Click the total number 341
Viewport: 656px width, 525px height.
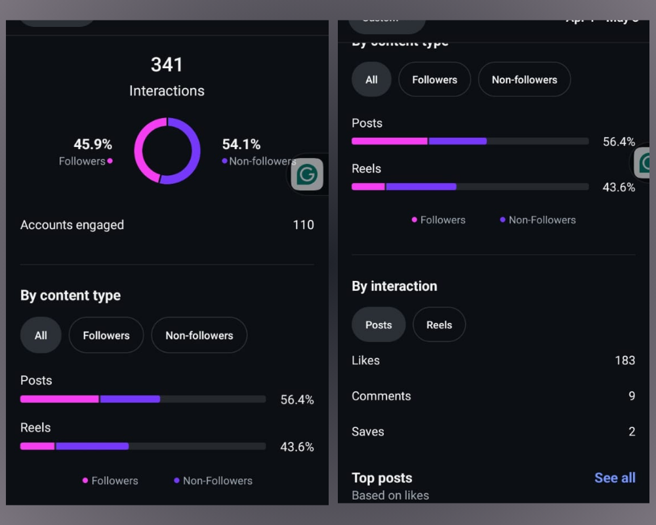(167, 64)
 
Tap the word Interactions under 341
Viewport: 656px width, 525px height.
(167, 91)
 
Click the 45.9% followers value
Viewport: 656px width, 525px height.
(92, 144)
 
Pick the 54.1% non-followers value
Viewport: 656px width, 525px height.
(241, 144)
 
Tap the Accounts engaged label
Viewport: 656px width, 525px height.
(72, 225)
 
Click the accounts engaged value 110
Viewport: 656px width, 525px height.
(303, 225)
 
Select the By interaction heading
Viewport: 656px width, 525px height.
(394, 286)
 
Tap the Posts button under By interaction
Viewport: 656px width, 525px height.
(379, 325)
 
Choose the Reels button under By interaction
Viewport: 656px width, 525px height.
(439, 325)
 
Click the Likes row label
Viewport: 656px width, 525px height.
(365, 360)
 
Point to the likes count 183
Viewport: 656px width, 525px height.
(625, 360)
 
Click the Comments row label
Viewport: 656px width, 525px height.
(381, 396)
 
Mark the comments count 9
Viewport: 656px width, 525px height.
(632, 396)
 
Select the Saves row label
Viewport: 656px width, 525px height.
(368, 432)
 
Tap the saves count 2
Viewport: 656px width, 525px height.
(632, 432)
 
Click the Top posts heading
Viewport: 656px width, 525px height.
(382, 478)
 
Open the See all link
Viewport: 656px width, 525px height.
(615, 478)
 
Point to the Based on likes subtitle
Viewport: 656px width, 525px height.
(390, 495)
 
